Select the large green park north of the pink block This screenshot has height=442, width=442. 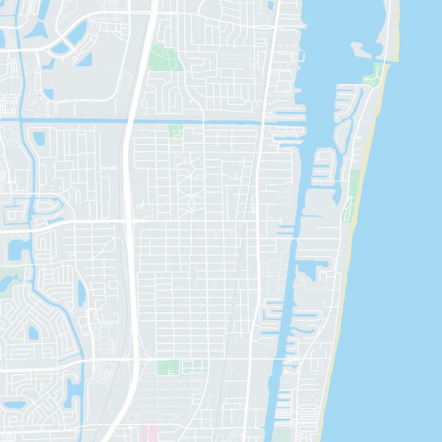tap(168, 367)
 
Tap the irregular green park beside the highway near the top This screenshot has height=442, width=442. tap(166, 57)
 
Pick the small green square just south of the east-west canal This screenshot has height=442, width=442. tap(176, 131)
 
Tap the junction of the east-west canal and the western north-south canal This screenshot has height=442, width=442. tap(20, 119)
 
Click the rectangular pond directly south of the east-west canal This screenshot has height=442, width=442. tap(39, 138)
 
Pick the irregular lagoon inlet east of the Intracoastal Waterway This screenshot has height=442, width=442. tap(307, 271)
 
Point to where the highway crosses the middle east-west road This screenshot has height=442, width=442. tap(128, 222)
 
